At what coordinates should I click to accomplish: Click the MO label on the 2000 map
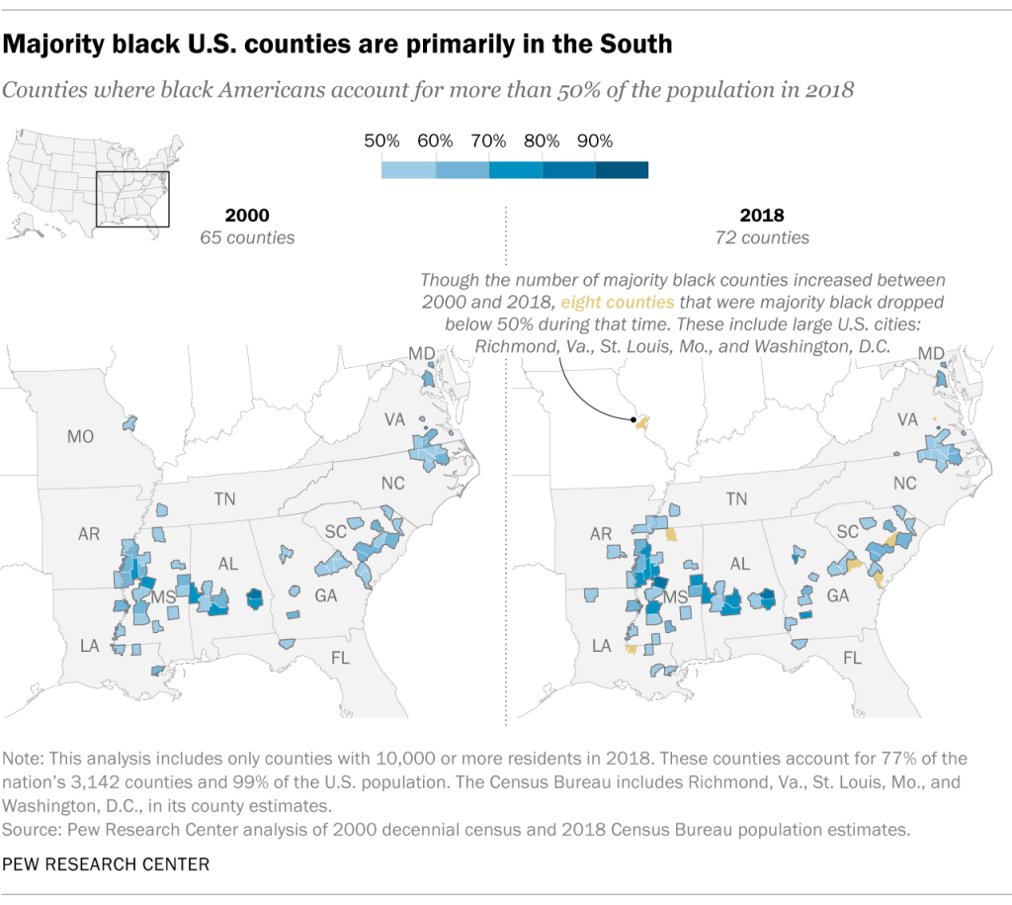(x=80, y=436)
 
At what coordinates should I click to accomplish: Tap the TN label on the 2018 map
(x=736, y=499)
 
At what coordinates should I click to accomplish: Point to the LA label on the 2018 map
(x=599, y=646)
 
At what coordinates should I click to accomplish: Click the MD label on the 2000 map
(x=421, y=354)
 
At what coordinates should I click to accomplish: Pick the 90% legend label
(x=594, y=140)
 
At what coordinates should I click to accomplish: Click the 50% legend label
(x=382, y=140)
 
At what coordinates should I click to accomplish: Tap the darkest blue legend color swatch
(x=622, y=169)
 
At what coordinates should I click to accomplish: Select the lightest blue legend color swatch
(x=408, y=169)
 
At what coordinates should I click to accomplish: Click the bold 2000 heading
(x=247, y=216)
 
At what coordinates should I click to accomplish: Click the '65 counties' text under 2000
(x=247, y=238)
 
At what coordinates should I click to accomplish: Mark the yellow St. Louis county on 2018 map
(x=640, y=423)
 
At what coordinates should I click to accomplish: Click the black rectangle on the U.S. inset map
(x=132, y=199)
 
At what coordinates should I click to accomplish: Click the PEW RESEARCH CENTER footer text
(x=107, y=864)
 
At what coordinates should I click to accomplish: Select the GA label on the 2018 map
(x=838, y=596)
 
